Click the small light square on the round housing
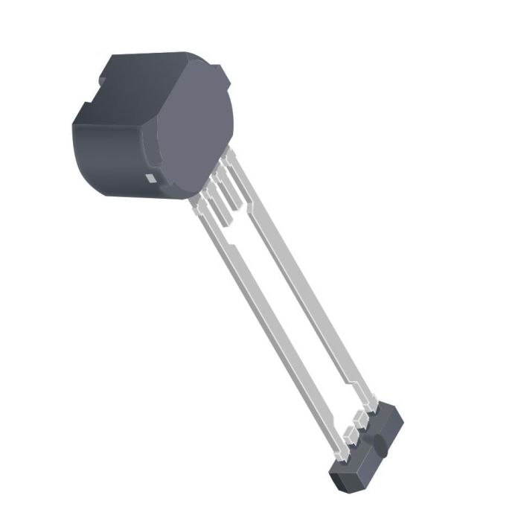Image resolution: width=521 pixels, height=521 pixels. coord(150,178)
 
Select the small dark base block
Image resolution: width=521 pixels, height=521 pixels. coord(368,447)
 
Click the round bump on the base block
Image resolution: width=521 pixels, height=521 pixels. coord(381,446)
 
